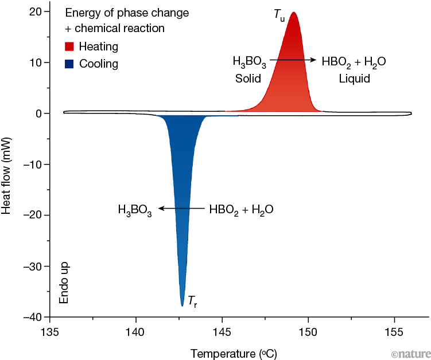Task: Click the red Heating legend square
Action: pos(69,46)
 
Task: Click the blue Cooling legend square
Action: pos(69,64)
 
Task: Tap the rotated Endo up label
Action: pos(64,284)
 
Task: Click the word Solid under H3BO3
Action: pos(248,78)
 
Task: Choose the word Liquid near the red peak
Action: pos(354,78)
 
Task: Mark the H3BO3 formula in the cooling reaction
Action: pos(135,210)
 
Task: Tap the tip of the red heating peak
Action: pos(294,13)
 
